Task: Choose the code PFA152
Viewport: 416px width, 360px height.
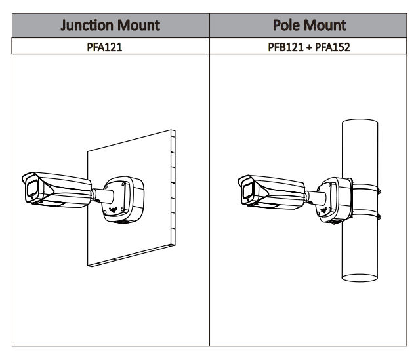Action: (331, 47)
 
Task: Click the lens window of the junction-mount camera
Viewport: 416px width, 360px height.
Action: (30, 190)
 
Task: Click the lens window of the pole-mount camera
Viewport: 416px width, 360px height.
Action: (247, 191)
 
